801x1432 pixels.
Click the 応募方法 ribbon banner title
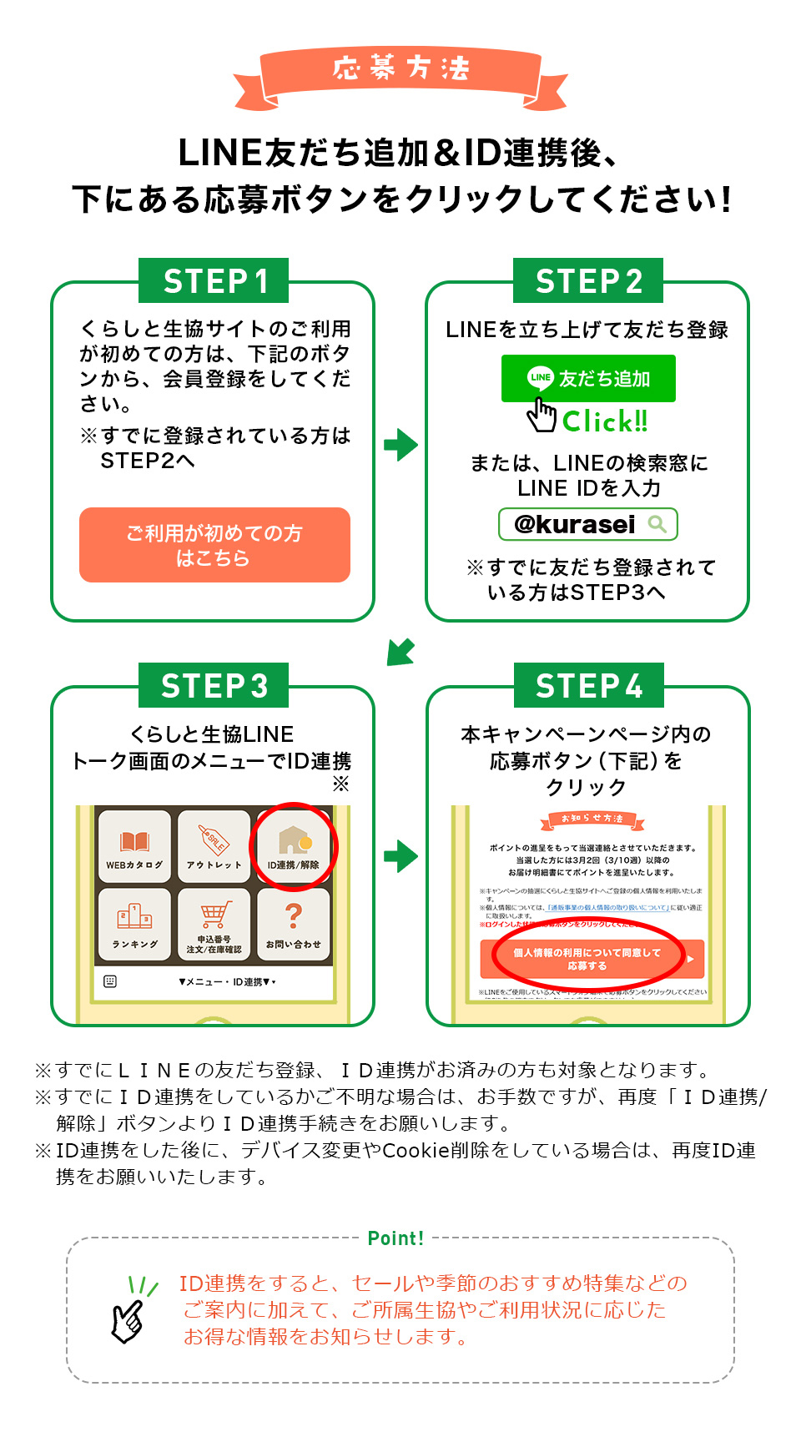click(400, 69)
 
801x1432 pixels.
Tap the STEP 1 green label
click(214, 281)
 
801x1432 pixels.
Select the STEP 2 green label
click(588, 281)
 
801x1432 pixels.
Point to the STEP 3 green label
click(214, 686)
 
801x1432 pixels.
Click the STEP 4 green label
click(588, 686)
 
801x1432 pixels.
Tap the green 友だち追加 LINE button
click(588, 378)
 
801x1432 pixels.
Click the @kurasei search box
click(587, 524)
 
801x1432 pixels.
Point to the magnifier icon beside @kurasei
click(657, 524)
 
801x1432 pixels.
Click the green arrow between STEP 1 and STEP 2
click(400, 445)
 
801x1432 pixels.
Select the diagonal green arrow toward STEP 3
click(400, 651)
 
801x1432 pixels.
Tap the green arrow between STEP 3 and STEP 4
click(400, 855)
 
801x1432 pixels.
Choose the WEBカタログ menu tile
click(134, 846)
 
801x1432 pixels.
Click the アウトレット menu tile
click(214, 846)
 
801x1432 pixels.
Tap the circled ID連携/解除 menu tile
click(293, 846)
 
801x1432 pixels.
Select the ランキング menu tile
click(134, 925)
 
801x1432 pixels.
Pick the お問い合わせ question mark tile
click(293, 925)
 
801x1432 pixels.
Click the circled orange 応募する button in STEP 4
click(589, 959)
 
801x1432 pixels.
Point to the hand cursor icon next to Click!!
click(542, 415)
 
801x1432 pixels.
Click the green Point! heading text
click(395, 1238)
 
